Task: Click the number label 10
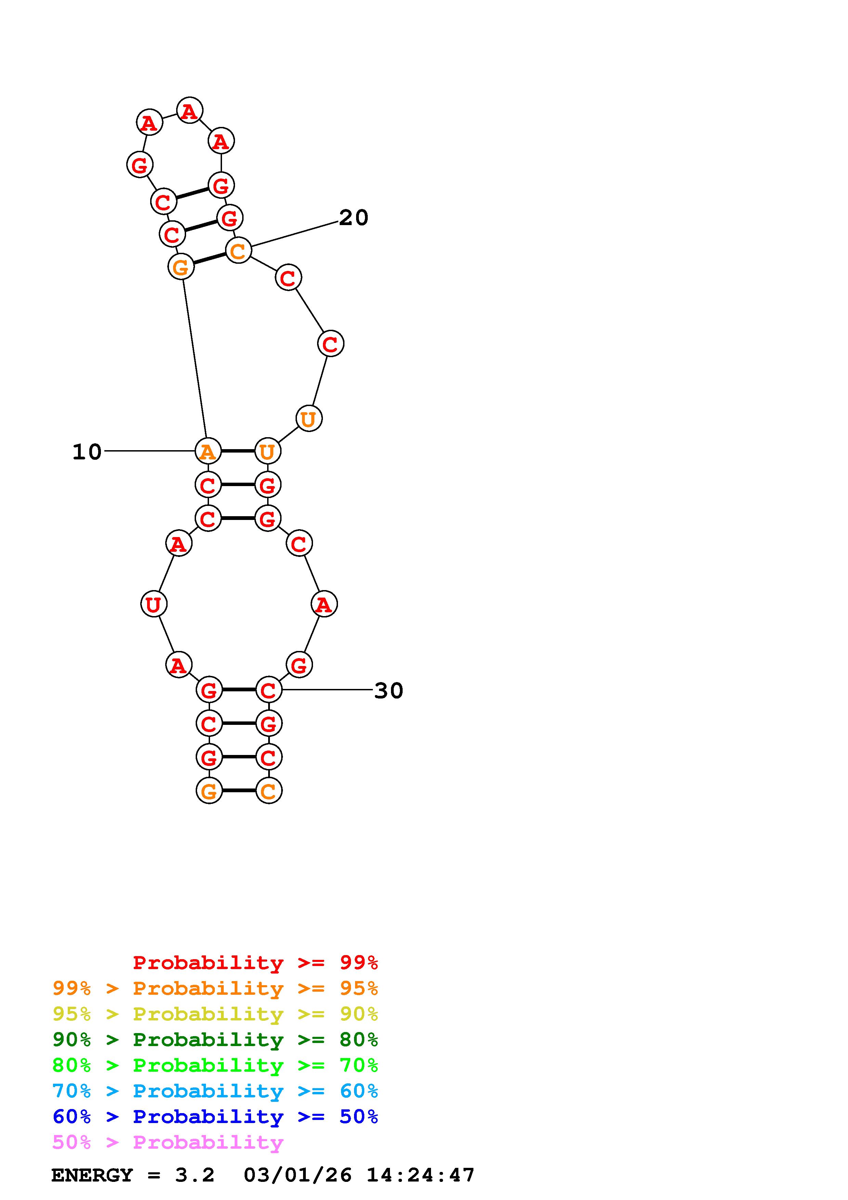tap(87, 452)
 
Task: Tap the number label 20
tap(354, 218)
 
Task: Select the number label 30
tap(389, 691)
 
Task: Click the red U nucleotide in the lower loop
tap(154, 604)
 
